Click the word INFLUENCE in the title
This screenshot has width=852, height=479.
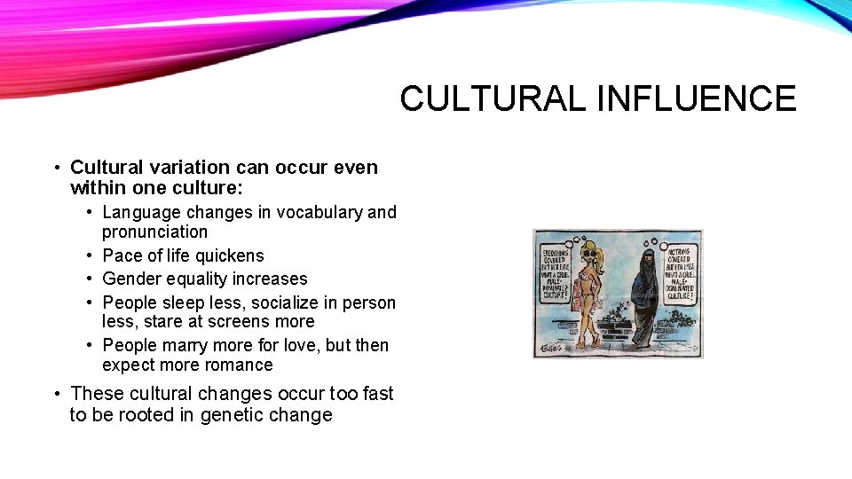[x=697, y=98]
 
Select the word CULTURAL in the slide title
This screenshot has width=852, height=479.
[x=493, y=98]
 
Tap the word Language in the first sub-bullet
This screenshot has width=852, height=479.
[x=140, y=212]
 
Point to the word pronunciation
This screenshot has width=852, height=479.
[x=154, y=232]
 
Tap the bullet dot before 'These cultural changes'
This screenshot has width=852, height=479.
[x=56, y=393]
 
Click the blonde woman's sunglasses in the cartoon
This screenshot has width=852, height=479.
[x=590, y=251]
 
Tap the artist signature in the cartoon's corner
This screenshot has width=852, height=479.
[x=549, y=349]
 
